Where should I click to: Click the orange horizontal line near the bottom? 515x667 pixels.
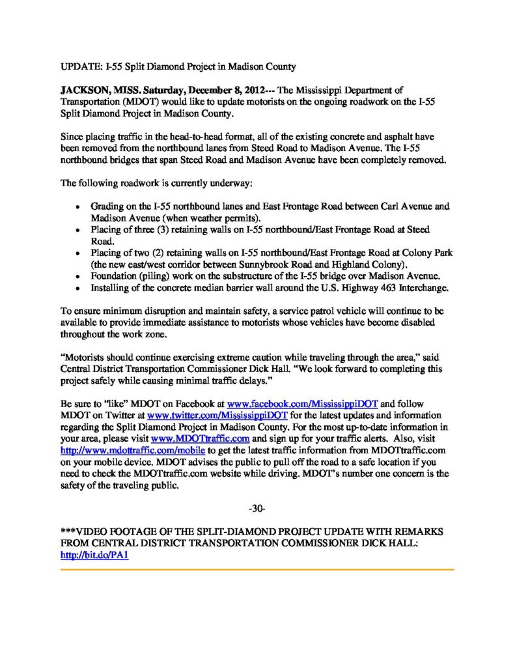click(257, 569)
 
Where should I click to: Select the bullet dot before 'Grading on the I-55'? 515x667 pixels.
click(78, 206)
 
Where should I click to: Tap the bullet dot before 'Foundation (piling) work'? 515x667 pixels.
click(78, 275)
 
